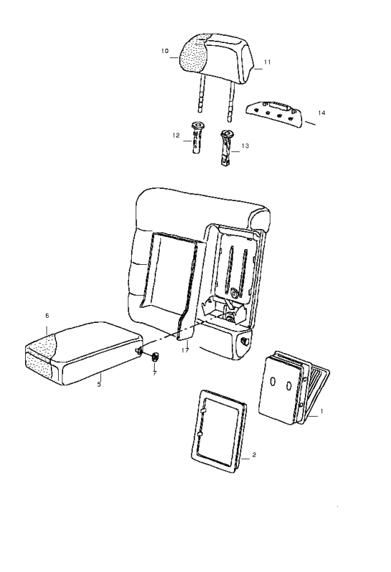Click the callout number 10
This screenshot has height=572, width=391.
pyautogui.click(x=165, y=51)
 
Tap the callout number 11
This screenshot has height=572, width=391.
pyautogui.click(x=267, y=62)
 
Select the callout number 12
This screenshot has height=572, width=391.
pyautogui.click(x=176, y=135)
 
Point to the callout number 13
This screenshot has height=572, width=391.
pyautogui.click(x=245, y=146)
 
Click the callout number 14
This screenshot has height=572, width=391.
pyautogui.click(x=322, y=113)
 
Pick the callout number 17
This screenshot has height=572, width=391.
pyautogui.click(x=185, y=350)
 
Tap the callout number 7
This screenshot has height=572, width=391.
pyautogui.click(x=155, y=374)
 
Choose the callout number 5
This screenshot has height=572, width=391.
pyautogui.click(x=99, y=384)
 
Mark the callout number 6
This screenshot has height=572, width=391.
pyautogui.click(x=47, y=316)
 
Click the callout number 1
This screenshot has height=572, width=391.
pyautogui.click(x=322, y=411)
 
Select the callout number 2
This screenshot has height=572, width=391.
pyautogui.click(x=254, y=455)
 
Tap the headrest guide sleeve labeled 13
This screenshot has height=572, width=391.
pyautogui.click(x=226, y=147)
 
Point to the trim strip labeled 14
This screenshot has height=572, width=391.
pyautogui.click(x=274, y=114)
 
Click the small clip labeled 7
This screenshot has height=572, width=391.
pyautogui.click(x=155, y=357)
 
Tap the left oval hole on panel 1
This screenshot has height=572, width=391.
pyautogui.click(x=273, y=382)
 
